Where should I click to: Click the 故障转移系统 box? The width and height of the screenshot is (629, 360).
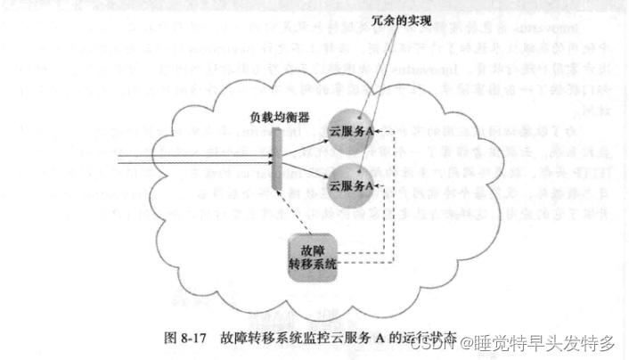click(314, 254)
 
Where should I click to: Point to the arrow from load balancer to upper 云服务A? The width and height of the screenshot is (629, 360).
click(307, 145)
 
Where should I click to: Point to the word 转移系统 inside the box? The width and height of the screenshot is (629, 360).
click(314, 262)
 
